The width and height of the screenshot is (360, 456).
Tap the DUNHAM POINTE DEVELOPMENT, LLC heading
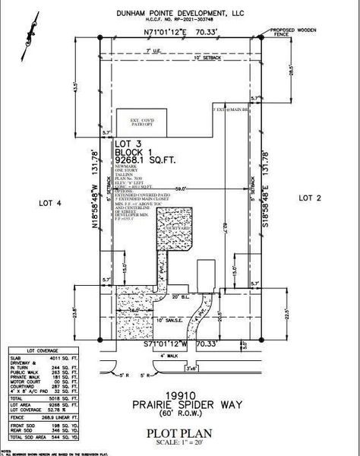point(181,13)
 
